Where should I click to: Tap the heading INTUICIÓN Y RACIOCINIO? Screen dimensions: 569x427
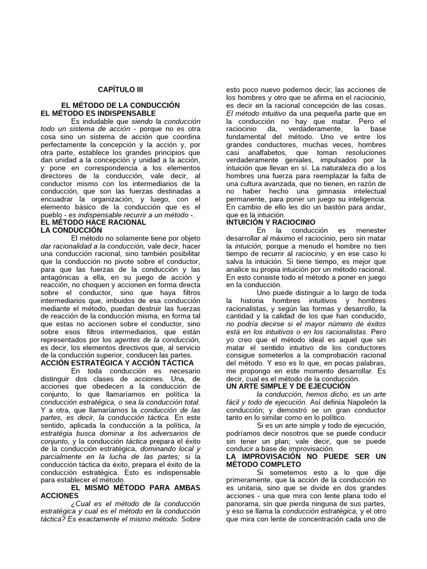pos(271,222)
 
